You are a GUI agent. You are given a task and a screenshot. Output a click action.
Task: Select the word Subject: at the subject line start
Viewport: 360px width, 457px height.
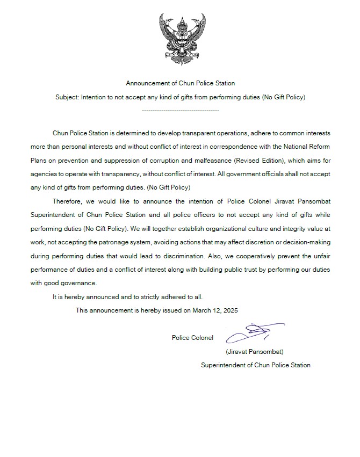(67, 98)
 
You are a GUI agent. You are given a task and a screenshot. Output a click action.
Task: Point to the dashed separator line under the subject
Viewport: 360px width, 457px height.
(180, 111)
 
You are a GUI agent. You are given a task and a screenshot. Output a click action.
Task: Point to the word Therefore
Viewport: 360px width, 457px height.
(68, 201)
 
